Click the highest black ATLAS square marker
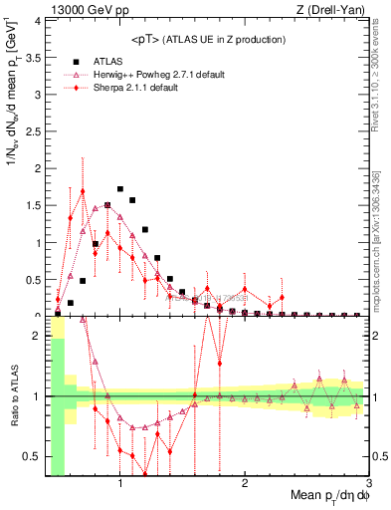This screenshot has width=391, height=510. [x=120, y=188]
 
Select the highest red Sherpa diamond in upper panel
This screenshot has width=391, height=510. [x=83, y=191]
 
